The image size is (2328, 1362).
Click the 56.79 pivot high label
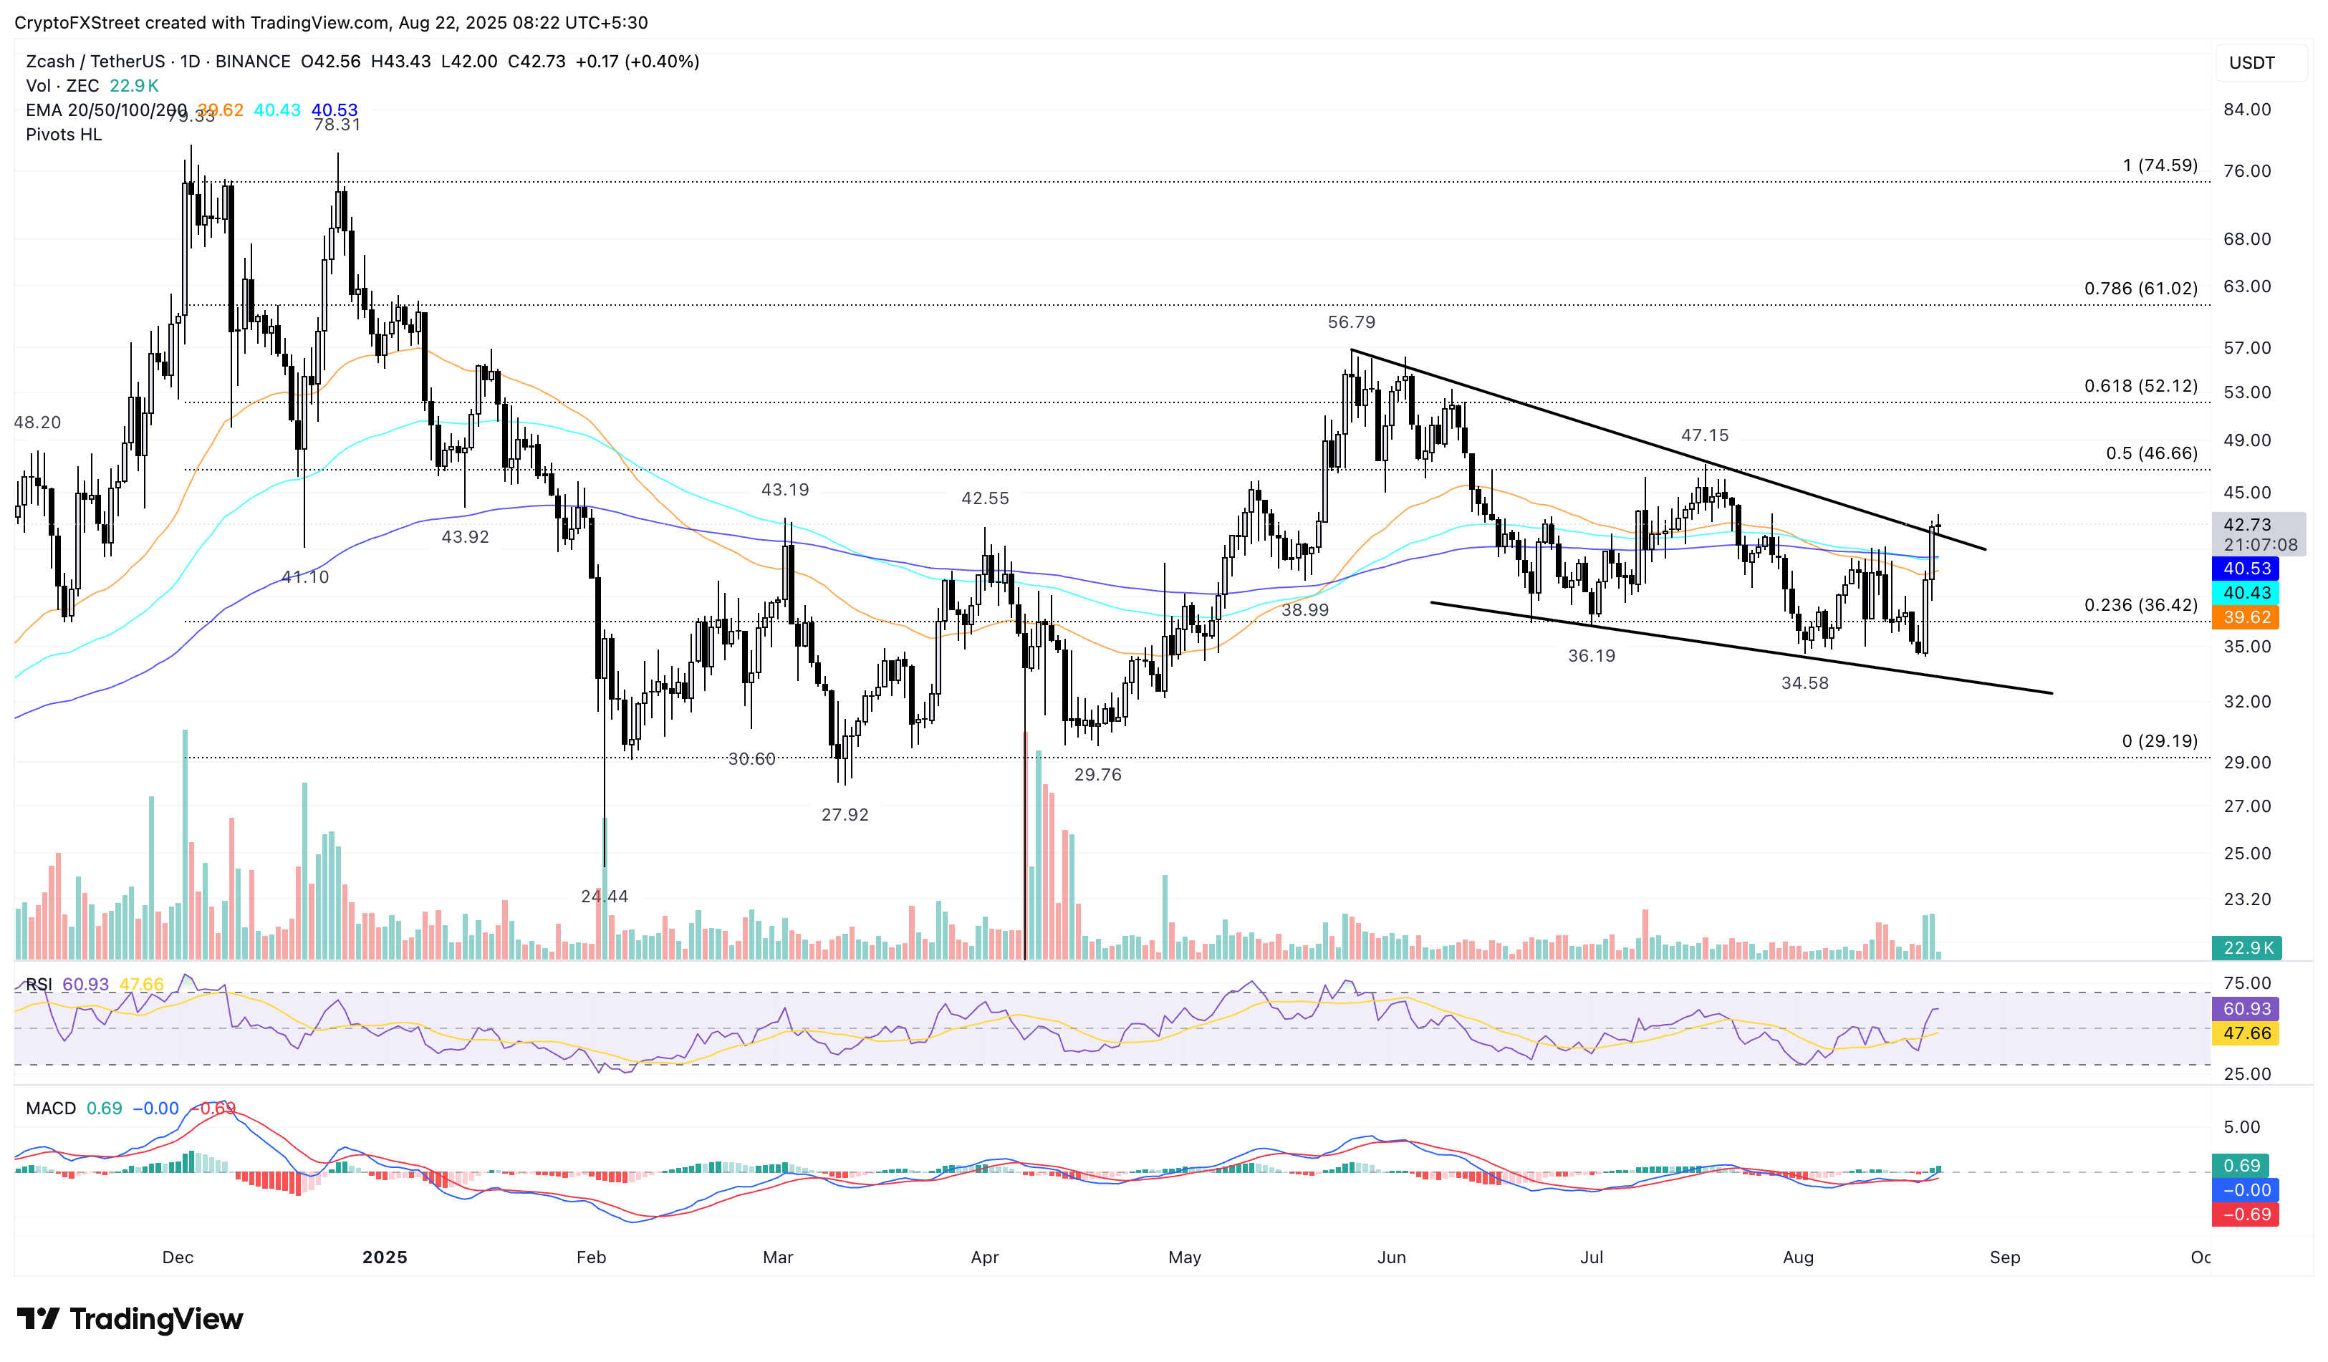pos(1351,322)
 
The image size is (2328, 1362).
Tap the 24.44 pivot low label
pos(604,896)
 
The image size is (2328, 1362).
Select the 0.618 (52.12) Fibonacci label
pos(2140,386)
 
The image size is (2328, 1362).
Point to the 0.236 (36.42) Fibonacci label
pos(2140,605)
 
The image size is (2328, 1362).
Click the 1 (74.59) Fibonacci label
pos(2160,165)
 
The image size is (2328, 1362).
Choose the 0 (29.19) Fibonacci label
pos(2159,740)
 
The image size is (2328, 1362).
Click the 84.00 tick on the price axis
pos(2247,109)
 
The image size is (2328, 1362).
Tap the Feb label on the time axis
pos(591,1257)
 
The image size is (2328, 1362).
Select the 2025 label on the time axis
pos(385,1257)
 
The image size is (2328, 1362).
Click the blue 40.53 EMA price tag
pos(2246,569)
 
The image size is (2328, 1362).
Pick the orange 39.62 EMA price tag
pos(2246,617)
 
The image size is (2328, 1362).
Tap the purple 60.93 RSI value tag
pos(2246,1008)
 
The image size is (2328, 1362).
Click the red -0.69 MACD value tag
pos(2246,1214)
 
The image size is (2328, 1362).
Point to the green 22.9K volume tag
pos(2246,947)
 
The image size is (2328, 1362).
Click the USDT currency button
pos(2251,63)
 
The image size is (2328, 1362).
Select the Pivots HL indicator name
pos(64,135)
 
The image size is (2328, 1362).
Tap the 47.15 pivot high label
pos(1704,435)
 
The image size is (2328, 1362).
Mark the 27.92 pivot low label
pos(845,814)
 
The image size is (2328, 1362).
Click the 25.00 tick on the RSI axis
pos(2247,1074)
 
